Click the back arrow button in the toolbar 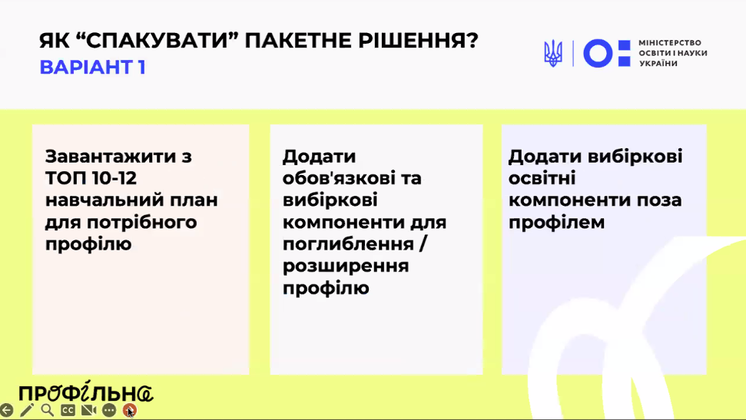6,410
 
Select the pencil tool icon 27,410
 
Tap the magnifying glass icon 47,410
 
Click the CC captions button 68,410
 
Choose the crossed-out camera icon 88,410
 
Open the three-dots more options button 109,410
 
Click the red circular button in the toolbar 129,410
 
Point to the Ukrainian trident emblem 553,53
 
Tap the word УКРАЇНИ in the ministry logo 658,64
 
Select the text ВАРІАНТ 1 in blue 92,67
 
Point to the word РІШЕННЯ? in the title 418,41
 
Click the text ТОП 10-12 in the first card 91,178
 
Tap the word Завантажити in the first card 111,157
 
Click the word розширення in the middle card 346,266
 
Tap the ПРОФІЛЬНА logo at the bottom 85,392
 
